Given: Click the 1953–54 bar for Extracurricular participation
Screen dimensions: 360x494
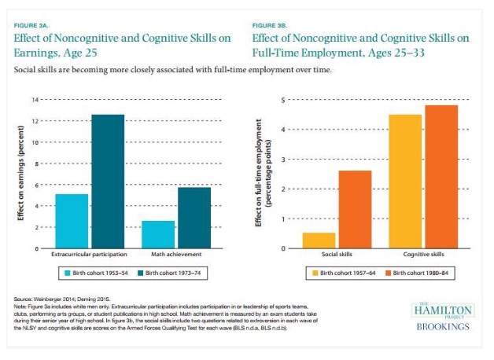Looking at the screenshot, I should tap(72, 221).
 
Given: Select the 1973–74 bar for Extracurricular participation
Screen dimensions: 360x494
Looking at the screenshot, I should tap(108, 182).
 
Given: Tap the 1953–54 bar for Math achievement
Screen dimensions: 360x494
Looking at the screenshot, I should tap(158, 234).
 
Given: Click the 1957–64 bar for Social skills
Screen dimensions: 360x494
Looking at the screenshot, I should tap(319, 241).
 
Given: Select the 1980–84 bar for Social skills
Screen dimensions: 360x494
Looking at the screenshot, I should tap(355, 209).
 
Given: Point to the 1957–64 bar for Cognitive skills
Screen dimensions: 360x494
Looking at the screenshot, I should tap(405, 182).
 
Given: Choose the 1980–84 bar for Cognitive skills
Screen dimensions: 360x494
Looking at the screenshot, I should tap(441, 177).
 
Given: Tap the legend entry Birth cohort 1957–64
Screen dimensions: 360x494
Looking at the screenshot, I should tap(345, 273).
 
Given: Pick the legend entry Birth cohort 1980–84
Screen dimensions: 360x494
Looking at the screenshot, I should tap(422, 273).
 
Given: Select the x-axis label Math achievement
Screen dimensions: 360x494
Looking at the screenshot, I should tap(176, 255).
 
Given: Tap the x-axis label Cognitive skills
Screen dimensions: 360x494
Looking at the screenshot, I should tap(423, 255).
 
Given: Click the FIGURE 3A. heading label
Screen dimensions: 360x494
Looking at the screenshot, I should tap(31, 25).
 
